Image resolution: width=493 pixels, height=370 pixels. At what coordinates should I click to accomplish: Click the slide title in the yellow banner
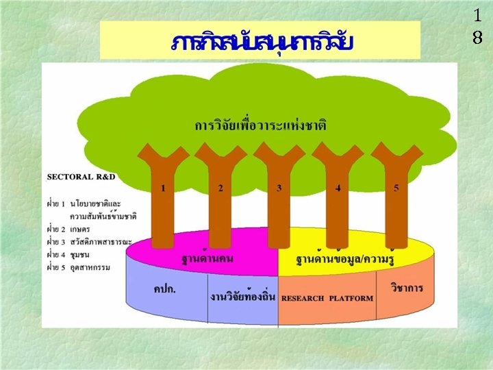pyautogui.click(x=262, y=42)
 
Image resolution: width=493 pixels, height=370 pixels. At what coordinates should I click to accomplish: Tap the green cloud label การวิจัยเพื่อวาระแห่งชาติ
pyautogui.click(x=260, y=126)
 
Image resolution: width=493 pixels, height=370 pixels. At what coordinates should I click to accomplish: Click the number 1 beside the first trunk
pyautogui.click(x=163, y=188)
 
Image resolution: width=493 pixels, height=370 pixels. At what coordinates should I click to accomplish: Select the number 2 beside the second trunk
pyautogui.click(x=220, y=188)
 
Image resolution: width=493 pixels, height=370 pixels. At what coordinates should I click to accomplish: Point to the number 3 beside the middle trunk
pyautogui.click(x=279, y=188)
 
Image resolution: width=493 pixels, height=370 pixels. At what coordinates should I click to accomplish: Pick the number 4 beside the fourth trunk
pyautogui.click(x=338, y=188)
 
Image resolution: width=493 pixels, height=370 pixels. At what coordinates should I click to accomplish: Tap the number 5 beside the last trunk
pyautogui.click(x=396, y=188)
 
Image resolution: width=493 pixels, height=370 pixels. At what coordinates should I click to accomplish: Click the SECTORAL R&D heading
pyautogui.click(x=81, y=177)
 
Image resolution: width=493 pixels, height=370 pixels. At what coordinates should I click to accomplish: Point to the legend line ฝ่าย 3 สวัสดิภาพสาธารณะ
pyautogui.click(x=89, y=241)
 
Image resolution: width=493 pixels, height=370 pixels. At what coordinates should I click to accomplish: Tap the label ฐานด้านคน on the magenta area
pyautogui.click(x=206, y=260)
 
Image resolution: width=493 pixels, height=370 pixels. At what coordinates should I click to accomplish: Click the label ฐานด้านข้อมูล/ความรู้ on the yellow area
pyautogui.click(x=348, y=260)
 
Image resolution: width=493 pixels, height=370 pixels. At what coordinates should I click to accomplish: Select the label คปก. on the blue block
pyautogui.click(x=164, y=288)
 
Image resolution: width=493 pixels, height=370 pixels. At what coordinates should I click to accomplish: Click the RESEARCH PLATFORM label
pyautogui.click(x=327, y=298)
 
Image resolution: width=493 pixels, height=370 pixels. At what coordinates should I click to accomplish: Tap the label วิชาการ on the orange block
pyautogui.click(x=407, y=288)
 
